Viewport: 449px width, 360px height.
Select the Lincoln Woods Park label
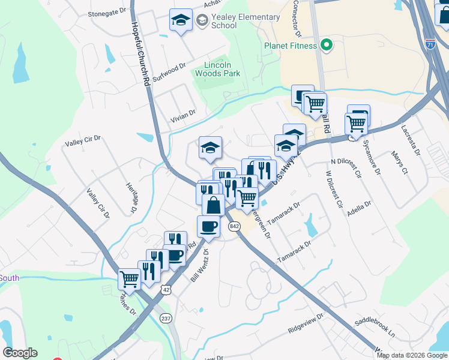coord(218,69)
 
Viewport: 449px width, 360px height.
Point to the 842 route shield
coord(235,226)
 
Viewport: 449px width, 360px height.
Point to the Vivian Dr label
coord(183,113)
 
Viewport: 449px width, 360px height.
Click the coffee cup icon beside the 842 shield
coord(208,226)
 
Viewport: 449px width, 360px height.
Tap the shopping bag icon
coord(213,205)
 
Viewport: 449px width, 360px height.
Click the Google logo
coord(20,352)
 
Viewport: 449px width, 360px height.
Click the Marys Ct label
coord(400,163)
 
